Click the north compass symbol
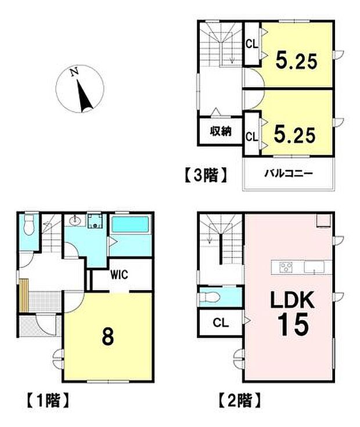point(80,91)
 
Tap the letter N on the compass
point(73,73)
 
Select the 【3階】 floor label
point(205,175)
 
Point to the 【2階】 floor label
point(238,399)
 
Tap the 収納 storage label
point(221,131)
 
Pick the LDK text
point(291,301)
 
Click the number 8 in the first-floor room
point(107,337)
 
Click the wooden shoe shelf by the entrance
point(24,295)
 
